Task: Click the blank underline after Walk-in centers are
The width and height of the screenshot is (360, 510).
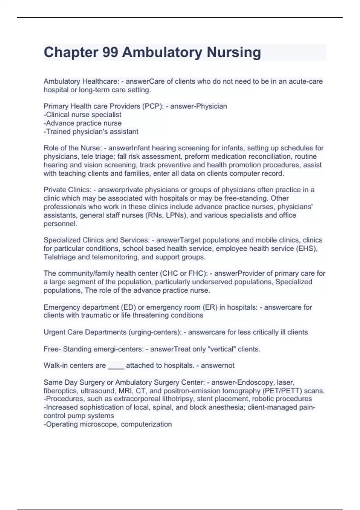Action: [x=116, y=366]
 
